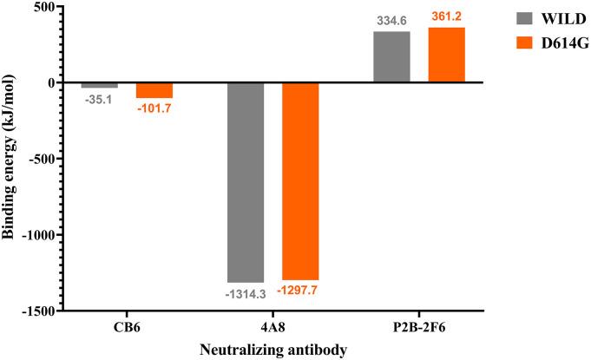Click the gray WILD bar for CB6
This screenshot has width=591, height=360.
100,85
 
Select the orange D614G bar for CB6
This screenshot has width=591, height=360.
154,90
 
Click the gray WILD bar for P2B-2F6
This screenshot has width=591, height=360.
391,56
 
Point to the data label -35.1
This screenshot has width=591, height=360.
100,99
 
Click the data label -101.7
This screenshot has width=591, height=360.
154,108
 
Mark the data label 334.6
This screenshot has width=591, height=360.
391,20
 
